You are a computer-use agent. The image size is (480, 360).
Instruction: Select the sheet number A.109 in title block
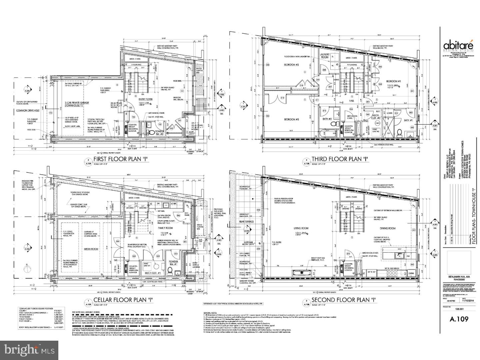click(459, 319)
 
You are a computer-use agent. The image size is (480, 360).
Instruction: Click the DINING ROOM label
click(387, 228)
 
